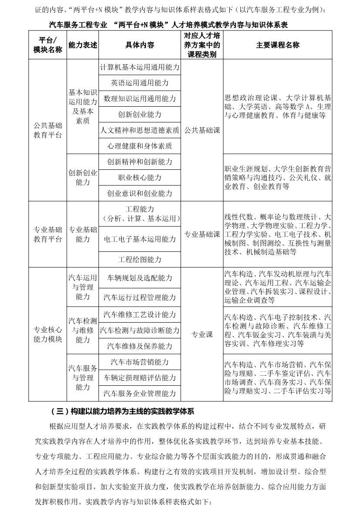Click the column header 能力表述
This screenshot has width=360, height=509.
[x=83, y=45]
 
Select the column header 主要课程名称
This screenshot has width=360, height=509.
[x=278, y=45]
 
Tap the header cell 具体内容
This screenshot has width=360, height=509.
[x=139, y=45]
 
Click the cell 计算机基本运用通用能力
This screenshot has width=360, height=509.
[x=139, y=67]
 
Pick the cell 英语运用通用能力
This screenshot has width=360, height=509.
[x=139, y=83]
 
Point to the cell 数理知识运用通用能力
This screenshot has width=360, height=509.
[x=139, y=99]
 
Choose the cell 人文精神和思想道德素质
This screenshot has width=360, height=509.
[x=139, y=130]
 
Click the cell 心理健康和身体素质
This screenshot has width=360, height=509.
[x=139, y=146]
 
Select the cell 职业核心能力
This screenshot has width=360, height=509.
[x=139, y=177]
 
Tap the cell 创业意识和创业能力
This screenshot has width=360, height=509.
[x=139, y=193]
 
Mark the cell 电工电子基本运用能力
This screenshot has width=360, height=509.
[x=139, y=239]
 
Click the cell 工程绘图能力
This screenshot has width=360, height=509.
[x=139, y=260]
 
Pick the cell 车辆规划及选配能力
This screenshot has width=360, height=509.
[x=139, y=278]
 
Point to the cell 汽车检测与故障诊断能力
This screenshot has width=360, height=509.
[x=139, y=330]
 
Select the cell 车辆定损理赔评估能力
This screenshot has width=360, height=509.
[x=139, y=377]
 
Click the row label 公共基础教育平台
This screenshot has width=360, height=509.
[x=48, y=130]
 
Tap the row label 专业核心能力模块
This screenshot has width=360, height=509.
[x=48, y=334]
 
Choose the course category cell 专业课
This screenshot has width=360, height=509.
[x=202, y=334]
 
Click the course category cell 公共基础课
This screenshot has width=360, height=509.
[x=202, y=130]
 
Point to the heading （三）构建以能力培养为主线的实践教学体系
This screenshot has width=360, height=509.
[x=122, y=411]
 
